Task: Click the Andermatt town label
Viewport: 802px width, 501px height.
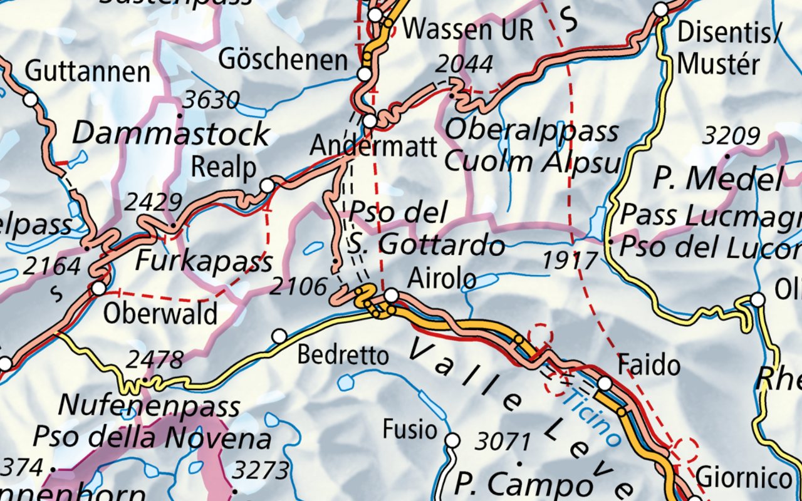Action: [x=373, y=147]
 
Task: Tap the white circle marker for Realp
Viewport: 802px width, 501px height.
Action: [x=268, y=185]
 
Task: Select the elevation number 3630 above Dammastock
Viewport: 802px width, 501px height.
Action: [x=211, y=100]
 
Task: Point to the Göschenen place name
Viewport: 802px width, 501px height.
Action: [x=283, y=60]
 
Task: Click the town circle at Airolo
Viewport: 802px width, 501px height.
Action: [x=391, y=295]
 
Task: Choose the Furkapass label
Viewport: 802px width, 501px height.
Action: [x=204, y=261]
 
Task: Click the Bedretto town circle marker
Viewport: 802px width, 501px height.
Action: [x=279, y=336]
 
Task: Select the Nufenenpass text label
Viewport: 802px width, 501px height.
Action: [x=149, y=406]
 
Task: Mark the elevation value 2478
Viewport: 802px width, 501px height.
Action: [x=155, y=360]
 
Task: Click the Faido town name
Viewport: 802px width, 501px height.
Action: [x=649, y=364]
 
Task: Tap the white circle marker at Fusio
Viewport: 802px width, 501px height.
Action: [x=452, y=441]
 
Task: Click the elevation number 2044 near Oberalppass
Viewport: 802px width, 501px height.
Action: [x=465, y=64]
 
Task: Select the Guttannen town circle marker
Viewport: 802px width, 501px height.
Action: [x=30, y=99]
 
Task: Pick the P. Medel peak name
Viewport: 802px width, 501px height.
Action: [x=717, y=180]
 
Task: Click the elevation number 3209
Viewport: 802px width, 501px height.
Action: [x=731, y=136]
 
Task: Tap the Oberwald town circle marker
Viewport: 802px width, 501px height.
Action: [x=98, y=289]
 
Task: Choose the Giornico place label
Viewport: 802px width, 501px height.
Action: [x=744, y=478]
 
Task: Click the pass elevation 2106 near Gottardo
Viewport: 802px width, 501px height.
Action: [x=299, y=287]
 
